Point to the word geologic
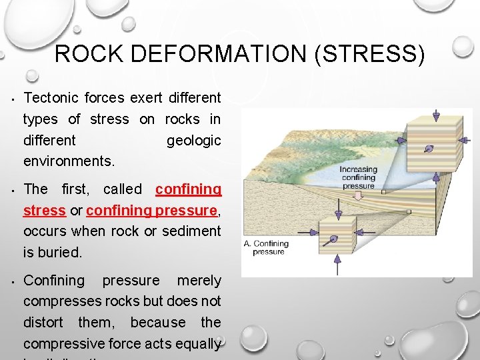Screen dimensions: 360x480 pyautogui.click(x=193, y=140)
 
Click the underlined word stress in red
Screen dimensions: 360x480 pyautogui.click(x=44, y=211)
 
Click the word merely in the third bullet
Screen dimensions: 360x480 pyautogui.click(x=199, y=281)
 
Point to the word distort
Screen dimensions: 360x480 pyautogui.click(x=43, y=323)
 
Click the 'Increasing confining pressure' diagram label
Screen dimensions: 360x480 pyautogui.click(x=358, y=177)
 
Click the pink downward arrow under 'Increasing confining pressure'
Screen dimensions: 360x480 pyautogui.click(x=358, y=196)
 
